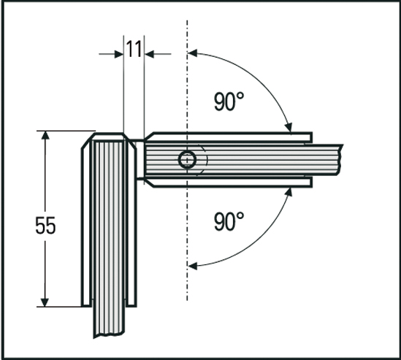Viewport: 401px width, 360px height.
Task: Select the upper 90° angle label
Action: point(229,102)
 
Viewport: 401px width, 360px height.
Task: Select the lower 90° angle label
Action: point(229,221)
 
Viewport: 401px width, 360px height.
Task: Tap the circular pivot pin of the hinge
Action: point(188,160)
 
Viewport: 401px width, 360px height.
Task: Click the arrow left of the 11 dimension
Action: point(116,53)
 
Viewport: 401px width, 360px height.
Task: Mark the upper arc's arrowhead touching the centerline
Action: point(196,53)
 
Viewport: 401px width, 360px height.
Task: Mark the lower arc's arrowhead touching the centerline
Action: point(196,265)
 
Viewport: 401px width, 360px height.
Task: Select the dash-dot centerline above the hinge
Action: point(188,80)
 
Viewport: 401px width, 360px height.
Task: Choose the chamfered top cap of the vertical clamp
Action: point(110,137)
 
